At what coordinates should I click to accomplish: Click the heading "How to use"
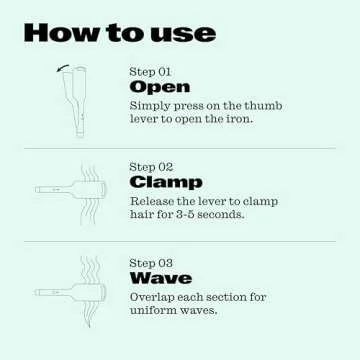pos(119,32)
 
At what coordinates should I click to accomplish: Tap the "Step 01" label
pos(151,72)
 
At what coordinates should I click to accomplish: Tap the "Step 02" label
pos(151,167)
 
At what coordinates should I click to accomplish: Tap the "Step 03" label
pos(151,263)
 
